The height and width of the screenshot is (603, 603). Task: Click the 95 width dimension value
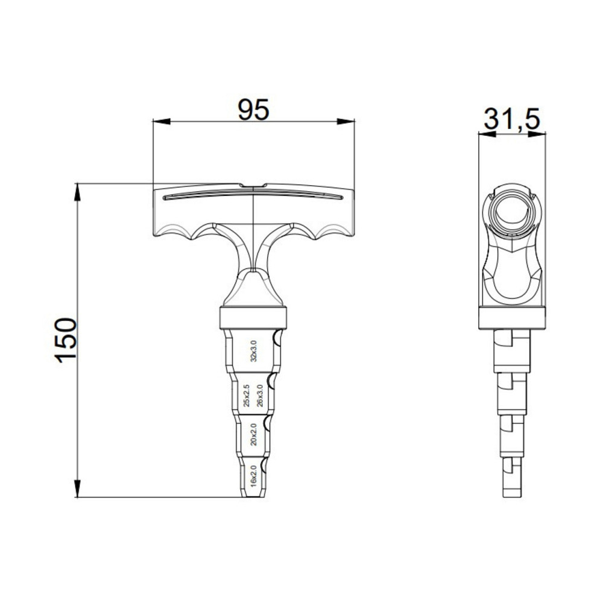coord(253,109)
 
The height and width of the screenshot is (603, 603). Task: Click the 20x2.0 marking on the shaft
coord(254,434)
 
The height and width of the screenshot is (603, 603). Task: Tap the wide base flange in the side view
coord(511,318)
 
